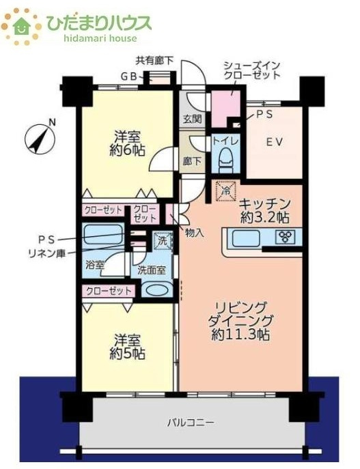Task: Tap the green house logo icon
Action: point(21,25)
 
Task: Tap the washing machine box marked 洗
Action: point(162,240)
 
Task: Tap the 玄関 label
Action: point(192,118)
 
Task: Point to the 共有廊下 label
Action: point(154,61)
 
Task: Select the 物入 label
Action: point(194,232)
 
